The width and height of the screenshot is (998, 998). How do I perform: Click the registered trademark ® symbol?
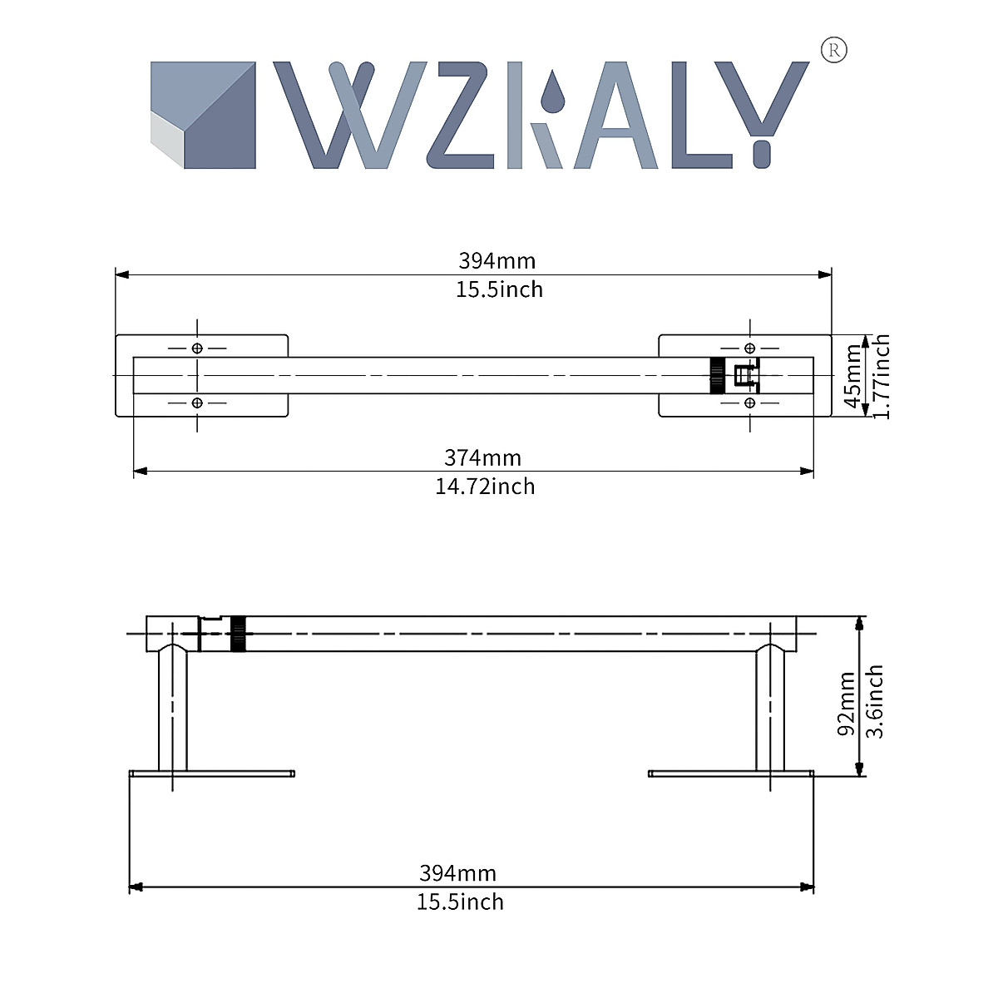pos(834,52)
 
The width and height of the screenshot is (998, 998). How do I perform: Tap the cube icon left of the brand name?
pos(202,116)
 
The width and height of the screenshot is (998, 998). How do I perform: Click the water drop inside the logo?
pos(551,91)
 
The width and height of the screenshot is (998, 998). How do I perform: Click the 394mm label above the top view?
pos(497,260)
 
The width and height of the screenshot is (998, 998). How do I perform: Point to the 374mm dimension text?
pos(482,457)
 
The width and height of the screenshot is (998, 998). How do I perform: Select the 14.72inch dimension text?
pos(485,487)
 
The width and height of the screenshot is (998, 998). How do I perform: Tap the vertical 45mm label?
pos(853,377)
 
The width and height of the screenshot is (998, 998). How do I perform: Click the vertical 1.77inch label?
pos(882,377)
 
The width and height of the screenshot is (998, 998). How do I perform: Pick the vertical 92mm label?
pos(847,704)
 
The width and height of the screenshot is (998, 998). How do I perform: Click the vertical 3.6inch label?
pos(874,701)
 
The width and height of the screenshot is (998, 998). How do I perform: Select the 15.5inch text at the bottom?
pos(460,902)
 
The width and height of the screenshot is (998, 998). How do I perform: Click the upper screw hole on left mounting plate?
pos(197,348)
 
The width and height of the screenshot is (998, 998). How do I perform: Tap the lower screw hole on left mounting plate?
pos(197,403)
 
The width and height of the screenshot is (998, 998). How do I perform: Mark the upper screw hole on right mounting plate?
pos(749,348)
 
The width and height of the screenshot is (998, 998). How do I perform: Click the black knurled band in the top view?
pos(716,376)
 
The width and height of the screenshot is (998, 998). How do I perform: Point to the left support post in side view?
pos(173,707)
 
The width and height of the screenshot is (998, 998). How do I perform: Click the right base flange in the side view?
pos(730,774)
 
